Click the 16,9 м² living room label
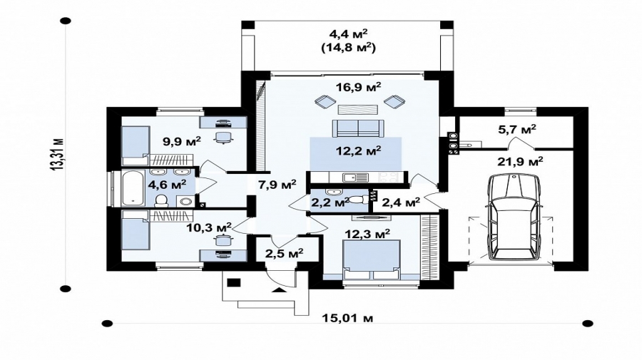click(x=359, y=87)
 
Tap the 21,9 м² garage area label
click(x=521, y=162)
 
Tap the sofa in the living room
click(x=358, y=128)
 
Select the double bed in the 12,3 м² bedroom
click(x=372, y=259)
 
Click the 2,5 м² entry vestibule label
click(x=284, y=254)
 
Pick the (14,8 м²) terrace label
click(x=349, y=48)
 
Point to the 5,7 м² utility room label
click(x=517, y=130)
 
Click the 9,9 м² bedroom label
click(x=182, y=142)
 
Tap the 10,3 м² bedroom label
click(x=209, y=227)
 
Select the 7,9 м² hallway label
click(x=277, y=185)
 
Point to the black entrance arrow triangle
click(x=279, y=290)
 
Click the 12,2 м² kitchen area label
click(x=358, y=151)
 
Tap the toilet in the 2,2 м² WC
click(x=360, y=198)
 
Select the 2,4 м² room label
click(x=401, y=202)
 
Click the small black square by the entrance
click(x=234, y=282)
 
